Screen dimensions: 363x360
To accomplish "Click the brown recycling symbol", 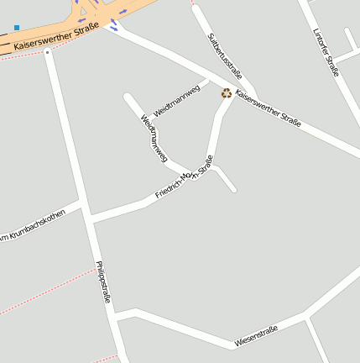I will tap(226, 93).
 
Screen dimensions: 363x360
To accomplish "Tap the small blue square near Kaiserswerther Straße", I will tap(17, 28).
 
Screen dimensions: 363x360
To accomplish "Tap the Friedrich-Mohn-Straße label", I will tap(185, 177).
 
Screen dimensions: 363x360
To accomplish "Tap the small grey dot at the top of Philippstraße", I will tap(48, 52).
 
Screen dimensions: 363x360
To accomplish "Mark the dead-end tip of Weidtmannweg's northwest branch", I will tap(128, 97).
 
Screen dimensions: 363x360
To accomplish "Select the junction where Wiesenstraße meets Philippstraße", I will tap(116, 317).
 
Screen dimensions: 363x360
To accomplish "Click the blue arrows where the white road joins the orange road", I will tap(114, 26).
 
